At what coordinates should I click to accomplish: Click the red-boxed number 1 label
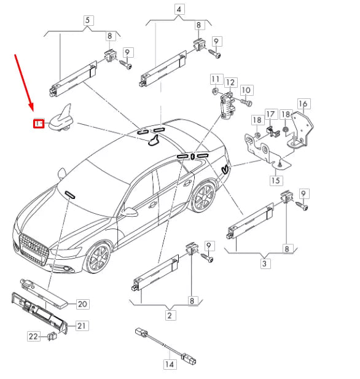click(38, 123)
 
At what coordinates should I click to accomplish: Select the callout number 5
click(87, 20)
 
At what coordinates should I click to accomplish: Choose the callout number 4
click(179, 10)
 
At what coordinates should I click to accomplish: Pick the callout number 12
click(230, 82)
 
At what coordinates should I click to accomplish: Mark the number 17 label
click(271, 115)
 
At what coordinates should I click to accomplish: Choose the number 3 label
click(265, 264)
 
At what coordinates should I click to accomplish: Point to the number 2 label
click(170, 316)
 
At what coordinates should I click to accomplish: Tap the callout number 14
click(169, 364)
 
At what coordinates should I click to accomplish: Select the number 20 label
click(82, 304)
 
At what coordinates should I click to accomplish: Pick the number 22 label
click(34, 336)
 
